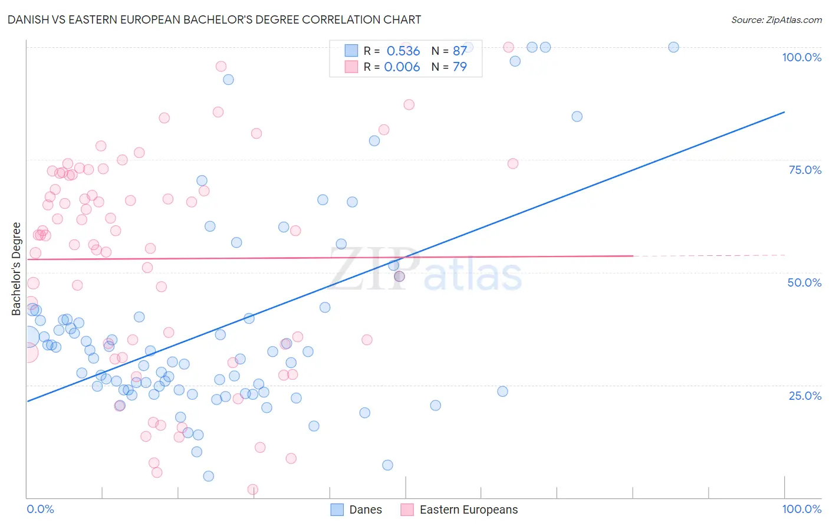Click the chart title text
214,19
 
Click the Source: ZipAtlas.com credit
776,19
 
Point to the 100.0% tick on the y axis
801,57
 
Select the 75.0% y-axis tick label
805,170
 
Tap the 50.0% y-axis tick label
804,282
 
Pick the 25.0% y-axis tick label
805,396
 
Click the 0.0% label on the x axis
40,509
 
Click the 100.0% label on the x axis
801,509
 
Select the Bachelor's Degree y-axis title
17,269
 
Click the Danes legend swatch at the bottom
337,509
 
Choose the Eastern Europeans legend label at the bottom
468,509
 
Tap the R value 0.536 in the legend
403,51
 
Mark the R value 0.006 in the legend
402,67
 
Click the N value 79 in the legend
459,67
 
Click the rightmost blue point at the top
673,47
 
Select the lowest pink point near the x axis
253,489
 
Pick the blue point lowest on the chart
208,476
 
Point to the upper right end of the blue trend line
784,112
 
